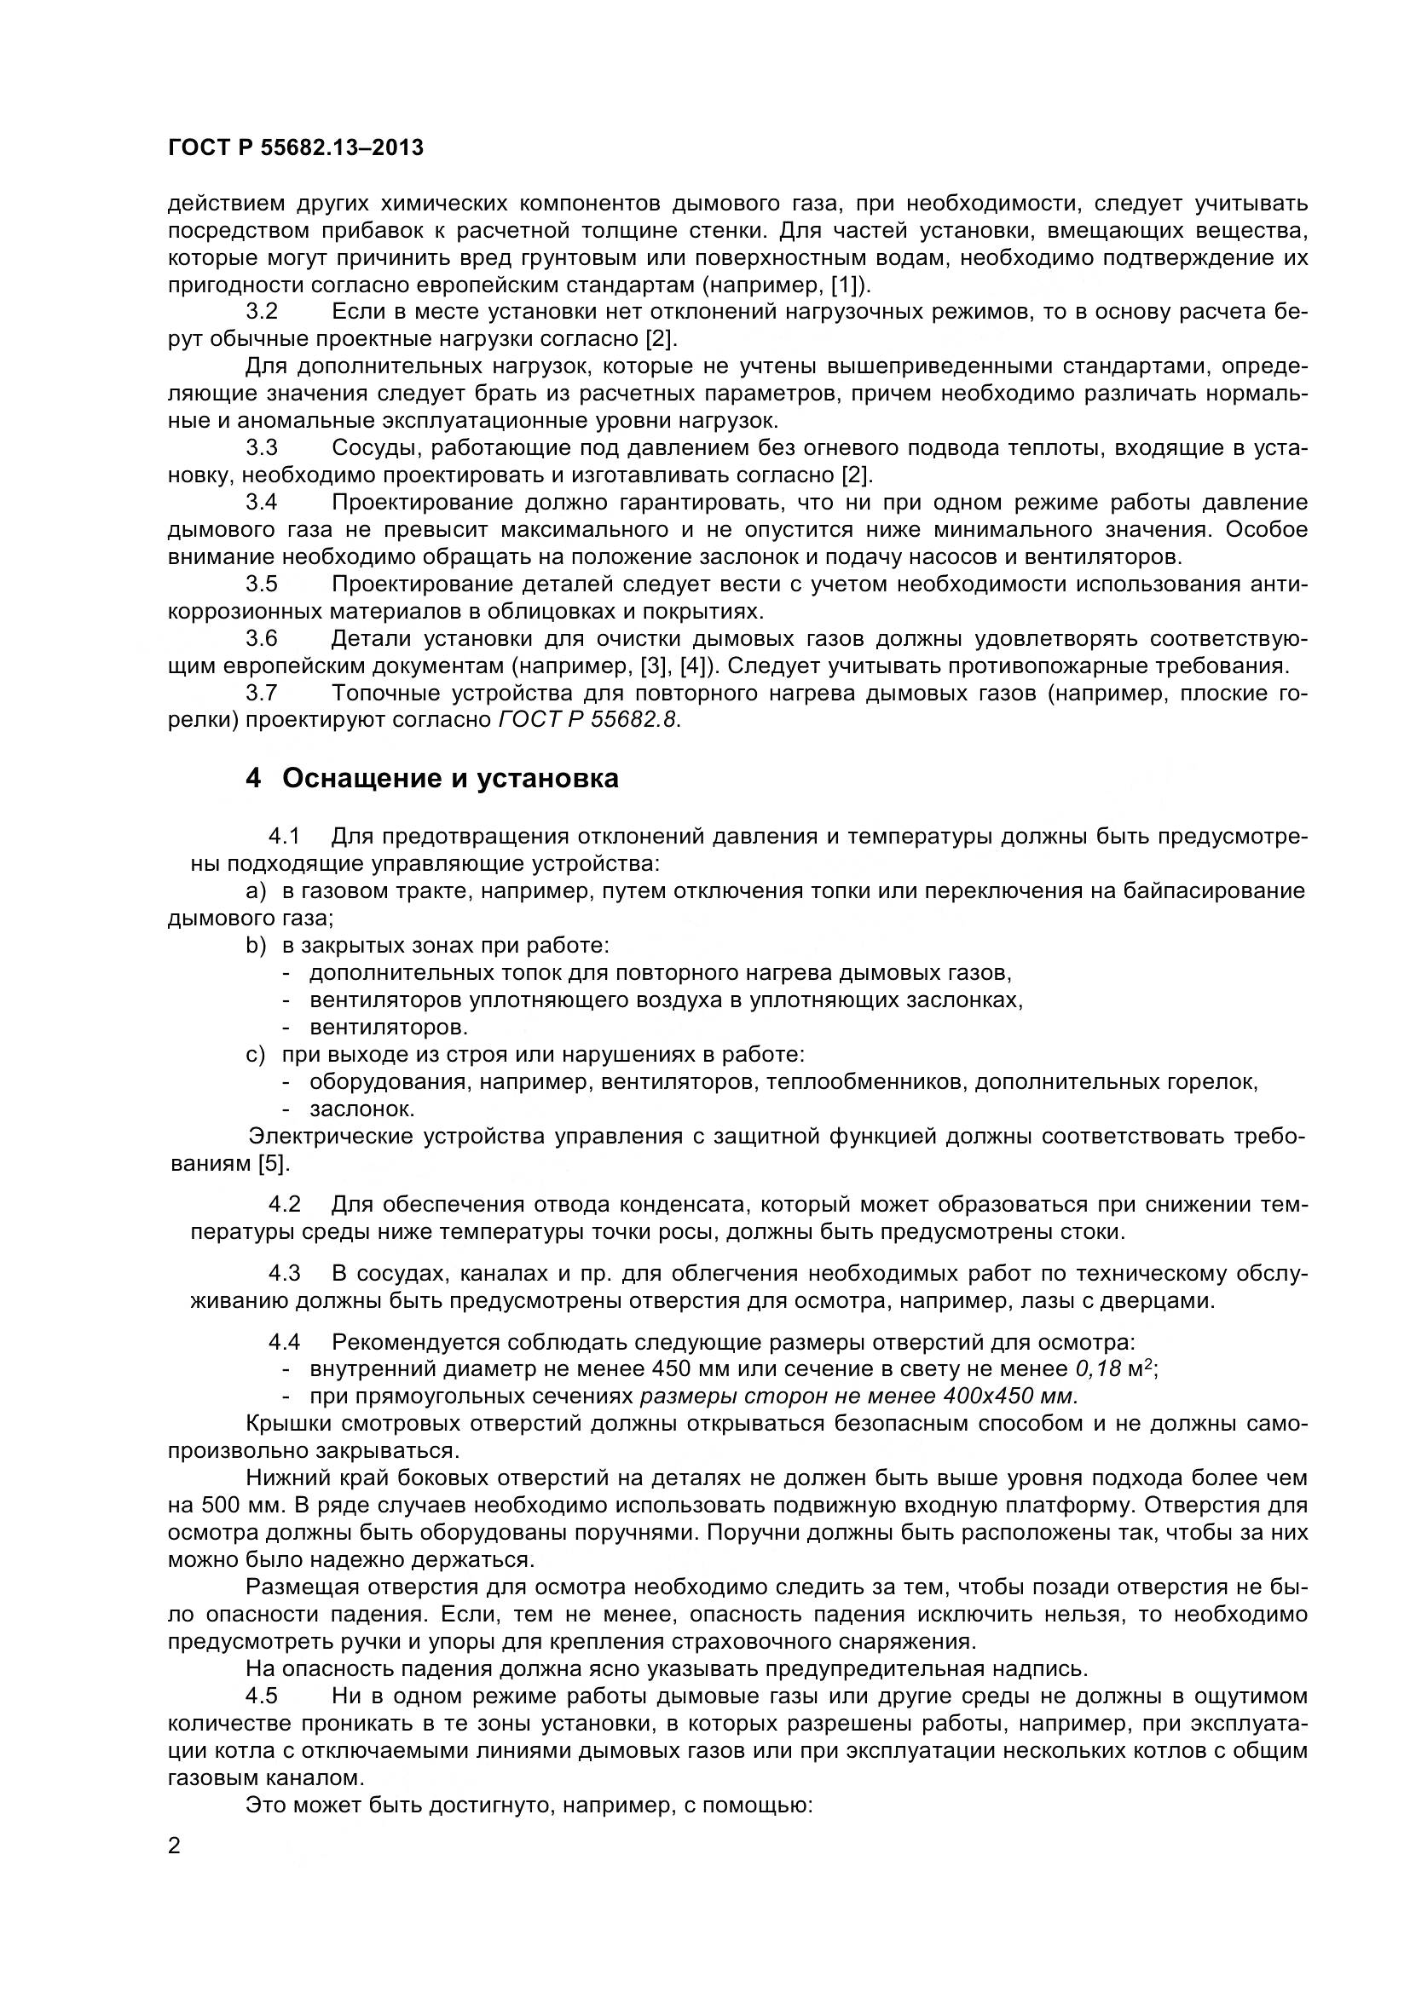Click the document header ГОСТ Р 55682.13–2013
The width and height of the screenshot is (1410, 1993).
(x=295, y=147)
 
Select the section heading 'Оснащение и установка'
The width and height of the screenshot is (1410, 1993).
(x=450, y=779)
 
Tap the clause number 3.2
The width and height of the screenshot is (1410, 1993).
(x=262, y=312)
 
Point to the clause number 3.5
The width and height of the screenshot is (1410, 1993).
(x=262, y=585)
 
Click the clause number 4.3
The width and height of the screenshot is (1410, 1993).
(x=284, y=1273)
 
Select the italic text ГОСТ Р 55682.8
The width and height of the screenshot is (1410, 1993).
(x=589, y=721)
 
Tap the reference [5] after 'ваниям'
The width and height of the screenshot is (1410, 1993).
(x=274, y=1163)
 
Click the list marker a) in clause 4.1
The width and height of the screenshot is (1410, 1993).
(x=255, y=890)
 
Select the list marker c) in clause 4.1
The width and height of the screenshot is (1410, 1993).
(x=255, y=1055)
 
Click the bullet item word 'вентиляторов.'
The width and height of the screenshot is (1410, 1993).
(x=388, y=1028)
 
